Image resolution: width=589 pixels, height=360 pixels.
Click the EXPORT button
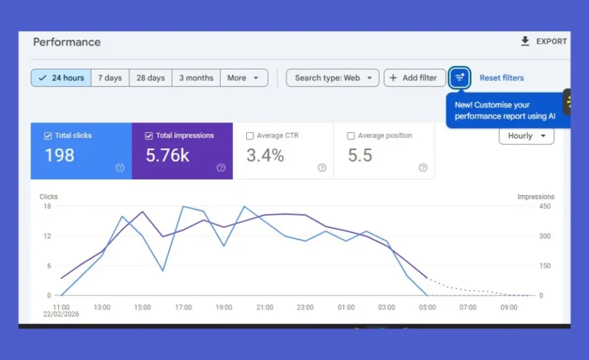pos(544,41)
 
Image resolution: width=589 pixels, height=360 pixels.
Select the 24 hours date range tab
pos(61,78)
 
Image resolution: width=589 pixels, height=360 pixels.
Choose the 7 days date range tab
pos(110,78)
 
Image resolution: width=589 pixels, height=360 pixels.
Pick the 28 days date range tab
pos(151,78)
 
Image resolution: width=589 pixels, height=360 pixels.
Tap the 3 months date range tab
pos(196,78)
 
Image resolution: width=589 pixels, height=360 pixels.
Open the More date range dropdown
pos(243,78)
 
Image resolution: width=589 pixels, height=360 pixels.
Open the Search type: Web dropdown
pos(332,78)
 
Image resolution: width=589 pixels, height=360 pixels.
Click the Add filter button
pos(414,78)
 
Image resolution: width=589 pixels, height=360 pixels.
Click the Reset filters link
pos(501,78)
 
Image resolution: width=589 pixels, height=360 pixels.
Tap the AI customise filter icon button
pos(460,78)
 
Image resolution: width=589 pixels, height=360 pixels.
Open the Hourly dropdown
pos(526,136)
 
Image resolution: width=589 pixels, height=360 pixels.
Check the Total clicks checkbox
pos(48,136)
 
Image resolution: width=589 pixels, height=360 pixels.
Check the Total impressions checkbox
pos(149,136)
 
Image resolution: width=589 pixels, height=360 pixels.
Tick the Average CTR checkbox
pos(250,136)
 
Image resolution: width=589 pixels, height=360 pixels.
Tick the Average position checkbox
pos(351,136)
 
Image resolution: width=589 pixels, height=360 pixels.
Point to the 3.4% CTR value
pos(265,156)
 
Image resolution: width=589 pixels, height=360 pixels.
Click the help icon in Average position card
pos(423,168)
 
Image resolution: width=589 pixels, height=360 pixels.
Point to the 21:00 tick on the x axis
pos(265,308)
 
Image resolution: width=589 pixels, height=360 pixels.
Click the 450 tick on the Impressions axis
pos(544,207)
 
